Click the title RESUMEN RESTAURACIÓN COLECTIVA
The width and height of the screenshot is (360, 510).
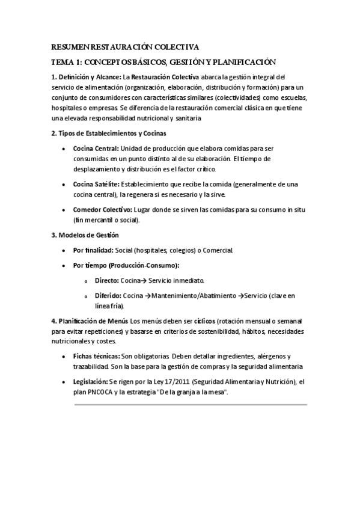coord(125,46)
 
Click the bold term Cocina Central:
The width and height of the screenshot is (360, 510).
coord(96,148)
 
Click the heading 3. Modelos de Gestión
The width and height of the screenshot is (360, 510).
coord(85,235)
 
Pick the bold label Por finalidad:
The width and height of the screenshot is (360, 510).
coord(93,250)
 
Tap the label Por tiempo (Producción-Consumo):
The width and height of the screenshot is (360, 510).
coord(126,265)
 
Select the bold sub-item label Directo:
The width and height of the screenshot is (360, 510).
coord(106,280)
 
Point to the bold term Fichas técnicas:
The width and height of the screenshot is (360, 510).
coord(96,356)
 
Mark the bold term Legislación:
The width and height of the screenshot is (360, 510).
coord(90,381)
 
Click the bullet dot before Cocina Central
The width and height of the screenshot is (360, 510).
coord(64,149)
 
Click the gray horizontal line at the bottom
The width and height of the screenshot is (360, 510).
coord(190,405)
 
